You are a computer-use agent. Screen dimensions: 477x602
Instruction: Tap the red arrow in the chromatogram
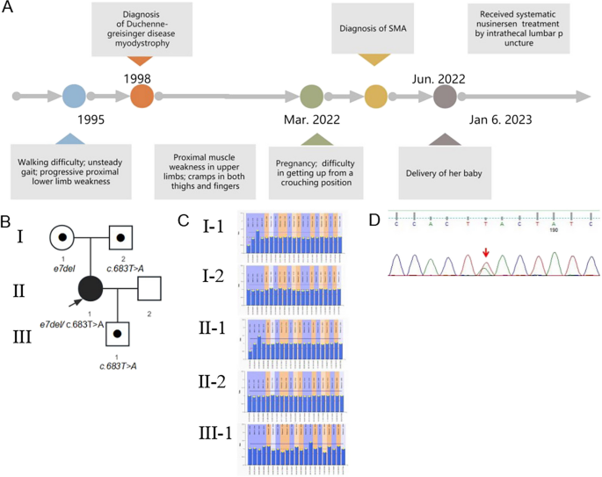(485, 255)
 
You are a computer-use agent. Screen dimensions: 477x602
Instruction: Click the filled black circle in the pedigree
(90, 286)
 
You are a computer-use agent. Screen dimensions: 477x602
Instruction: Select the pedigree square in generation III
(119, 334)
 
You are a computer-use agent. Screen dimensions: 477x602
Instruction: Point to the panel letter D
(374, 217)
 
